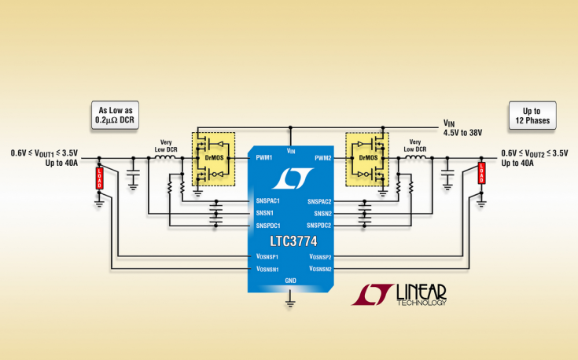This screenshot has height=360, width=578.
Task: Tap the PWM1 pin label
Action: coord(263,157)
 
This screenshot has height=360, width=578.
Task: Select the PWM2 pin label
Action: coord(322,157)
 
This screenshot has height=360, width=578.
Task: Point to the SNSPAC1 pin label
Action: coord(269,202)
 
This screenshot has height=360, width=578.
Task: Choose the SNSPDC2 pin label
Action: coord(317,226)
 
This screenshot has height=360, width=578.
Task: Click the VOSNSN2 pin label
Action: coord(315,269)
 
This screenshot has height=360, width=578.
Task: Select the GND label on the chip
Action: coord(291,281)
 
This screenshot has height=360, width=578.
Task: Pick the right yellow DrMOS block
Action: coord(367,158)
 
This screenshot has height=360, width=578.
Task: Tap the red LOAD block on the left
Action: coord(99,178)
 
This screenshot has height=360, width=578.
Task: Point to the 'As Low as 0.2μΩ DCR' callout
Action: coord(116,116)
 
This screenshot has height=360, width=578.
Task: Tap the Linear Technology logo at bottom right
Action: coord(399,293)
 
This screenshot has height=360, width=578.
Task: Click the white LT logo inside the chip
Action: coord(290,178)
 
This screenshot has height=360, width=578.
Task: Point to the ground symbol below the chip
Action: coord(291,299)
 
